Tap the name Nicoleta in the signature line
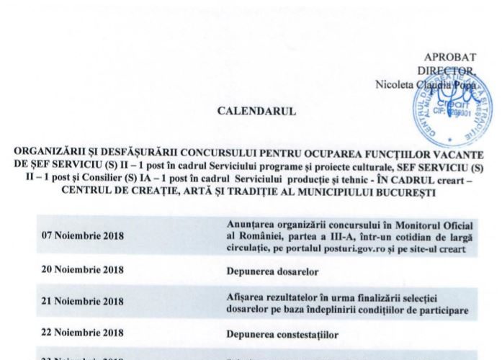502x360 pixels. (394, 84)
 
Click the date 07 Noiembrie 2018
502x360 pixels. (84, 236)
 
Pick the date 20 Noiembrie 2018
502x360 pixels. (84, 271)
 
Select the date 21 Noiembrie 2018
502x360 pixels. (84, 304)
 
